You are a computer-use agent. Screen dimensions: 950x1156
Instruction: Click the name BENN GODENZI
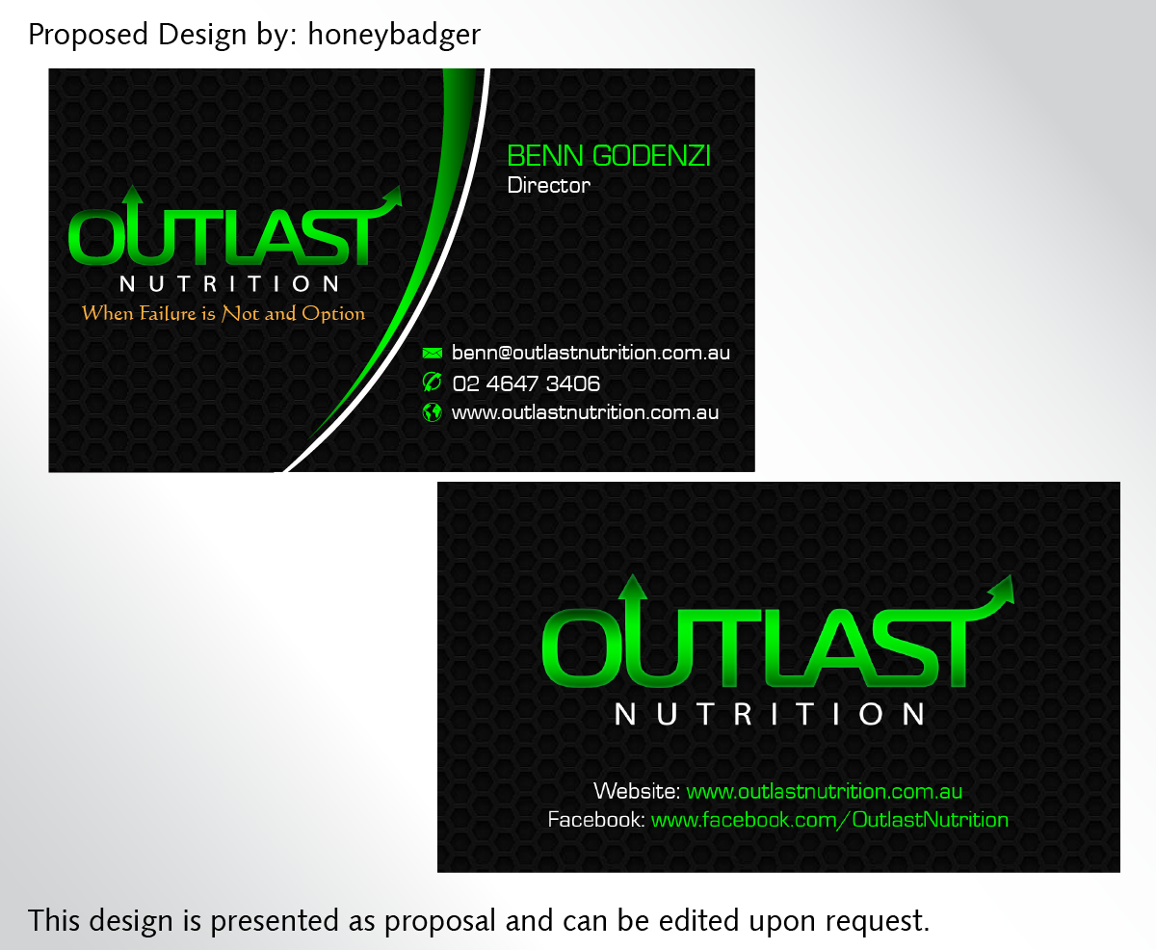pyautogui.click(x=609, y=156)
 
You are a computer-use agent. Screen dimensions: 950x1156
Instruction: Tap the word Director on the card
pyautogui.click(x=548, y=185)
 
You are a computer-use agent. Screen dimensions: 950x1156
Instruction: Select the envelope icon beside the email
pyautogui.click(x=433, y=354)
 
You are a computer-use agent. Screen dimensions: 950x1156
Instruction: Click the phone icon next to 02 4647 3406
pyautogui.click(x=433, y=383)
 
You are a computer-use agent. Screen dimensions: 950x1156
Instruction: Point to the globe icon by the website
pyautogui.click(x=433, y=412)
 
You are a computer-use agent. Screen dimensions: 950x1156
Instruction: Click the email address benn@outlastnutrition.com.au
pyautogui.click(x=591, y=353)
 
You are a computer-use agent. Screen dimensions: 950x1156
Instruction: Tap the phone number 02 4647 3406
pyautogui.click(x=526, y=383)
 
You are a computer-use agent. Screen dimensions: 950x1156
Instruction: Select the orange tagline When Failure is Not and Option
pyautogui.click(x=223, y=313)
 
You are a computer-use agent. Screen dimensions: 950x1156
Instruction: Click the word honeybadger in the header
pyautogui.click(x=394, y=36)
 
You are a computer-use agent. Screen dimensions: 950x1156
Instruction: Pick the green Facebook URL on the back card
pyautogui.click(x=829, y=820)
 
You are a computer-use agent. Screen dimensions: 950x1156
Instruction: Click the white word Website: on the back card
pyautogui.click(x=637, y=792)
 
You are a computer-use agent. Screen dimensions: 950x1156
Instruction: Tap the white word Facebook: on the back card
pyautogui.click(x=595, y=820)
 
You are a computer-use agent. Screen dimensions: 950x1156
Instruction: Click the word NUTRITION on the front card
pyautogui.click(x=229, y=284)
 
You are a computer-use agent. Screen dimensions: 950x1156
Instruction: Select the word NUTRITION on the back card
pyautogui.click(x=771, y=714)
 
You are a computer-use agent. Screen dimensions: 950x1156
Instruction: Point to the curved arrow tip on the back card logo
pyautogui.click(x=1003, y=587)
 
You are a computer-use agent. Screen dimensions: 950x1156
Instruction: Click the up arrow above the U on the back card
pyautogui.click(x=632, y=588)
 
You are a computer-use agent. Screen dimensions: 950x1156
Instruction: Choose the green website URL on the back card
pyautogui.click(x=825, y=792)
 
